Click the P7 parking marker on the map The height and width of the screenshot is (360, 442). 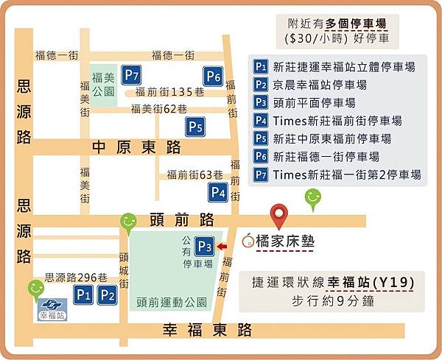[x=132, y=75]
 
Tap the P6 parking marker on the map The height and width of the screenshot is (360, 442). [x=214, y=76]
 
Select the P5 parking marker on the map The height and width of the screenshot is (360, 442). [x=195, y=127]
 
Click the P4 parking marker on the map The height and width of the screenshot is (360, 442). [x=217, y=193]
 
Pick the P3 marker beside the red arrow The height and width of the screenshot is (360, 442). [x=205, y=247]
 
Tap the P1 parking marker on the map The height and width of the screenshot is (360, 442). [x=83, y=295]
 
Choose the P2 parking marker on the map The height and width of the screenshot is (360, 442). [x=108, y=295]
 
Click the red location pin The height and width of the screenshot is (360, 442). [x=278, y=216]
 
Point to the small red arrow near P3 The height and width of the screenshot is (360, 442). [x=223, y=247]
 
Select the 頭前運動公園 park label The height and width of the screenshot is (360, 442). [x=172, y=302]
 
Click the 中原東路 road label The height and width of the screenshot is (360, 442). [x=136, y=147]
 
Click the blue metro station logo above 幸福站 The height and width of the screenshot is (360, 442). [x=52, y=305]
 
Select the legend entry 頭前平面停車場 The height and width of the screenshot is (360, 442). [x=314, y=102]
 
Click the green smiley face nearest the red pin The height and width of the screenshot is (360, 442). [x=313, y=197]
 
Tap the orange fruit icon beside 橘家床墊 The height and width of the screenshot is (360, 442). [x=248, y=240]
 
